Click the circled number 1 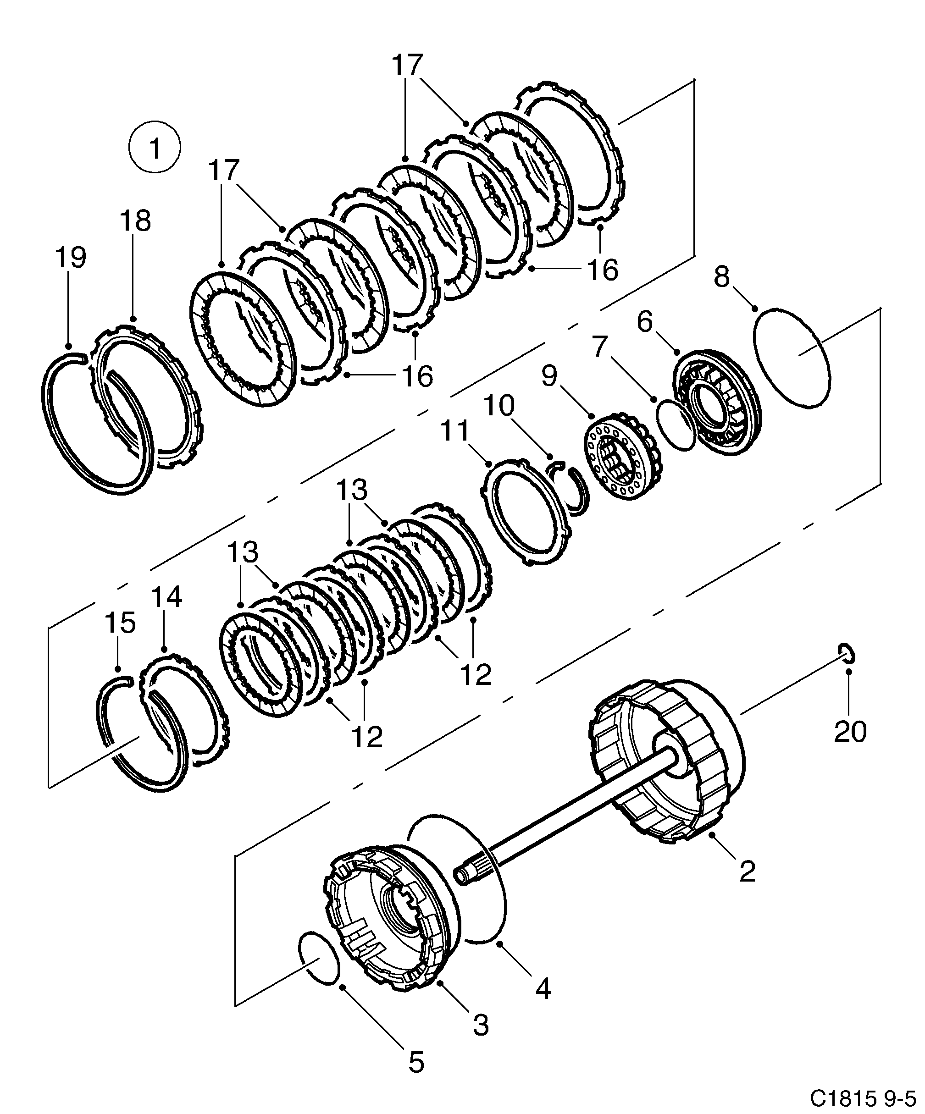[155, 148]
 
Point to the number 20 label [850, 732]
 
